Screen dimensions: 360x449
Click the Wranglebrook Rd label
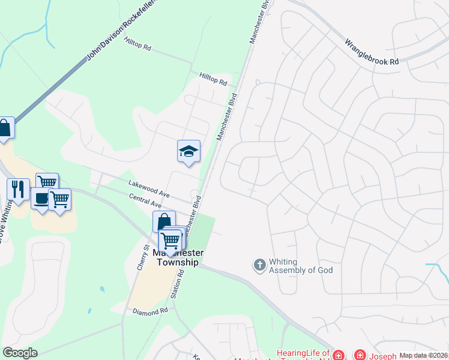372,52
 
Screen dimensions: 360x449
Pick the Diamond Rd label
150,312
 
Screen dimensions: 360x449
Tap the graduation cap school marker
188,151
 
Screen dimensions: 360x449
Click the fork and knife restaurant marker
18,189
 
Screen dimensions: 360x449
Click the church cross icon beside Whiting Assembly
259,265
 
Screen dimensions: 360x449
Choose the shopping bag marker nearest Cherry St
163,221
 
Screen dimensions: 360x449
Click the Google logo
19,353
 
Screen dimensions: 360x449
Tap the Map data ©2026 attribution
423,355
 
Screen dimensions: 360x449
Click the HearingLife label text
303,353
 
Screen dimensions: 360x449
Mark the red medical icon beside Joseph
360,355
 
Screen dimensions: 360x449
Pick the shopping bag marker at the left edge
4,128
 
